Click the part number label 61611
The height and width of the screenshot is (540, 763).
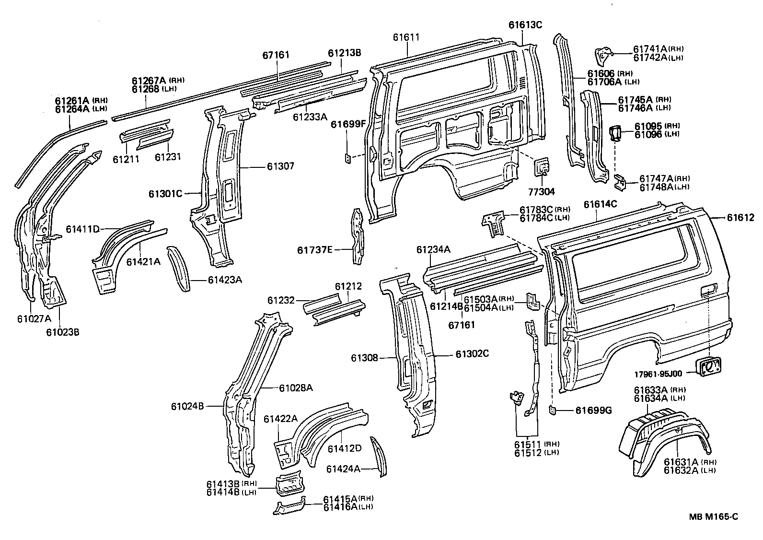406,37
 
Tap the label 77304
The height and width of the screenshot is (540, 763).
542,192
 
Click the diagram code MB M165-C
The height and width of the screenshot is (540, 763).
713,517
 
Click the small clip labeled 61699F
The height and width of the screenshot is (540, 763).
348,157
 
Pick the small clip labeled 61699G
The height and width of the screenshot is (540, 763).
552,410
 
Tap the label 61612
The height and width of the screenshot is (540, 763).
740,218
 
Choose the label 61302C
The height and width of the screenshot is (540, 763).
472,354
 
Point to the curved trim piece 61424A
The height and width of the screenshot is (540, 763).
380,456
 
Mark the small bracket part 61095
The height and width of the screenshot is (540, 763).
615,133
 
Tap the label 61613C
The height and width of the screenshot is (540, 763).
525,25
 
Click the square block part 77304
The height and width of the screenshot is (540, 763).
542,167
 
